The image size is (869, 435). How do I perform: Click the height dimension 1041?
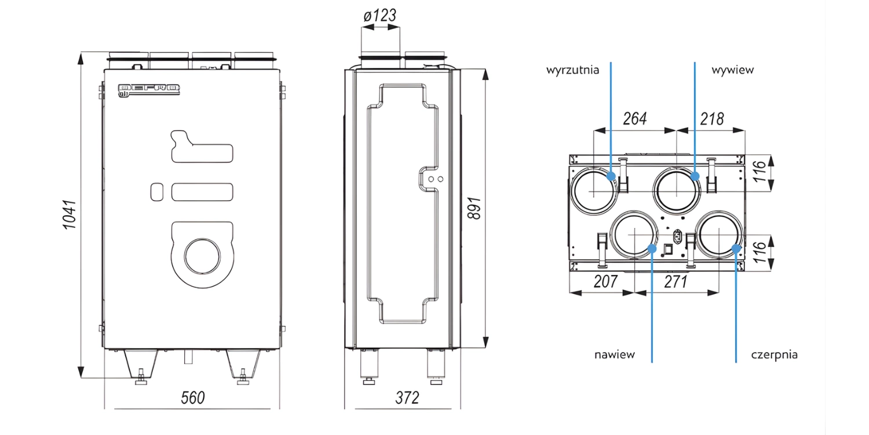click(70, 215)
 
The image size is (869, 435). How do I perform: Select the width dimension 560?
click(192, 397)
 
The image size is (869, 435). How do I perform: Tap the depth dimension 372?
click(407, 397)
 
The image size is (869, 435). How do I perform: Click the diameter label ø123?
click(380, 15)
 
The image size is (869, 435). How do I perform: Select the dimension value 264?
click(634, 119)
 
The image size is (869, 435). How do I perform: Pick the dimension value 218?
click(712, 119)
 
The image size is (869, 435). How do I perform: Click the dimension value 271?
click(676, 282)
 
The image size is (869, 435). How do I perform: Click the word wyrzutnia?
click(572, 70)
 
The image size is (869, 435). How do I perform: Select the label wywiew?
click(733, 70)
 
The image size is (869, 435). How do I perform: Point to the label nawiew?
click(614, 354)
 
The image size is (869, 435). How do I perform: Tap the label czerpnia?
click(774, 354)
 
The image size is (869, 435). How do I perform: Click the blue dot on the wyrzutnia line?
click(611, 176)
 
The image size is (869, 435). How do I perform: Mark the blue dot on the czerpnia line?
click(736, 248)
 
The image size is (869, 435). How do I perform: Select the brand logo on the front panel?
click(148, 89)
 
